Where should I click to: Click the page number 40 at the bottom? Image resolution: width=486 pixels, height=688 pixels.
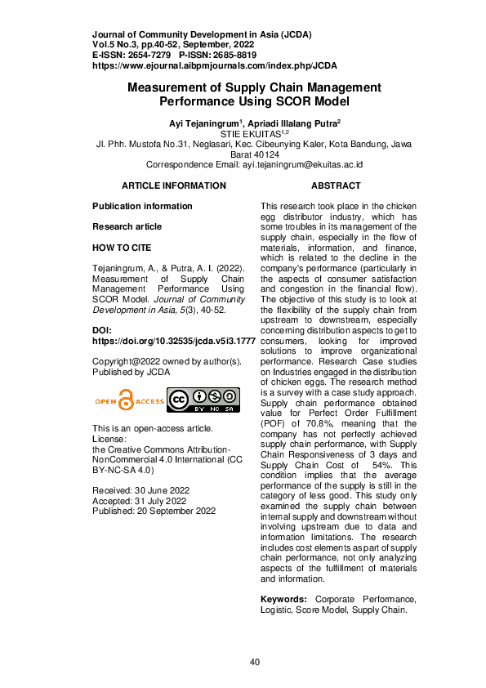pyautogui.click(x=255, y=661)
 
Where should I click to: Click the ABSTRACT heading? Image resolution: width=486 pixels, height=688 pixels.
pyautogui.click(x=336, y=186)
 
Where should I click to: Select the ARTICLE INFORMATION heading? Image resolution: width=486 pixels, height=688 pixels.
pyautogui.click(x=174, y=186)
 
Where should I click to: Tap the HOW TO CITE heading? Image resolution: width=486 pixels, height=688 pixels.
pyautogui.click(x=122, y=248)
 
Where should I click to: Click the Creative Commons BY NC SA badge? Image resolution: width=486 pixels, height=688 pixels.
pyautogui.click(x=203, y=399)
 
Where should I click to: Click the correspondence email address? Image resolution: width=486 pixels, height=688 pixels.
pyautogui.click(x=302, y=164)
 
